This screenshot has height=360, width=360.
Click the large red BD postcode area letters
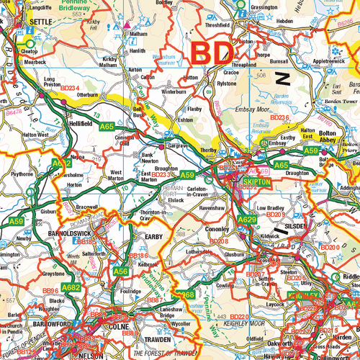[x=212, y=53]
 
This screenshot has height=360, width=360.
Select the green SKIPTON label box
[x=257, y=184]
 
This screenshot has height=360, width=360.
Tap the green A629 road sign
[x=247, y=219]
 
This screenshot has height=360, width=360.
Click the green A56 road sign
[x=120, y=271]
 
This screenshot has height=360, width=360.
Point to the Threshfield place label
[x=217, y=24]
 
